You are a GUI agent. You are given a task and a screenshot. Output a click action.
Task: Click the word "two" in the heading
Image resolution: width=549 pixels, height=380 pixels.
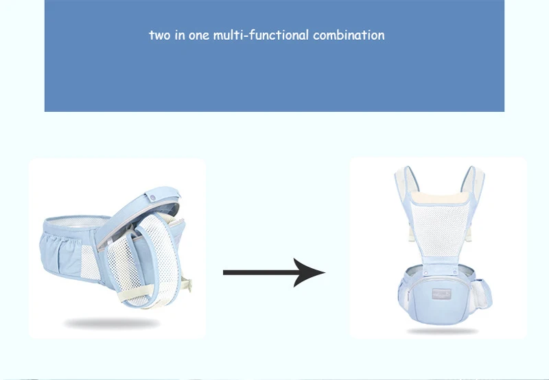point(160,36)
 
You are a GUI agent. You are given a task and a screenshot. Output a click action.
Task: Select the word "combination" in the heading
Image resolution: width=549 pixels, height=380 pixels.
point(349,35)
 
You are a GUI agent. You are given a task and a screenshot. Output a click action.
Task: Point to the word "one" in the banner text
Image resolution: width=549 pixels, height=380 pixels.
point(199,36)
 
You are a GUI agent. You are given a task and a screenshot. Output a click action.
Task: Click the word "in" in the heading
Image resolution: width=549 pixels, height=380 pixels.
point(180,35)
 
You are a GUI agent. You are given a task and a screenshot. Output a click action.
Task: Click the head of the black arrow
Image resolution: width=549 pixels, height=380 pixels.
point(308,272)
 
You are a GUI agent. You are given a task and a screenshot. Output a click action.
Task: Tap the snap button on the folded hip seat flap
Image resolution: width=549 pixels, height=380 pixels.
point(152,198)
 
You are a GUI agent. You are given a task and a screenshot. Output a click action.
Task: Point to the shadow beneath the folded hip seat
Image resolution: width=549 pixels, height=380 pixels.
point(112,323)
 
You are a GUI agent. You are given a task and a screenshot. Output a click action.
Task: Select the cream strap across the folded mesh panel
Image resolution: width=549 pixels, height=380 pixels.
point(137,292)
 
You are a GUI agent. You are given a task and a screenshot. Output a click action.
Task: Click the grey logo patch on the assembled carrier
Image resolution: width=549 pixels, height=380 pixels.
point(441,294)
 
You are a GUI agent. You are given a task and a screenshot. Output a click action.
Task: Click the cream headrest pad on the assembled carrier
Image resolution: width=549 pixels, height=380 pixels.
point(439,198)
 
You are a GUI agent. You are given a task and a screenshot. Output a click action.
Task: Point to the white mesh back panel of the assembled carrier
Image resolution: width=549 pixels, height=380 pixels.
point(440,229)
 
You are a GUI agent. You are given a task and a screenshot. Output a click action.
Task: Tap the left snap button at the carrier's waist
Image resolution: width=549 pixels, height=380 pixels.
point(425,272)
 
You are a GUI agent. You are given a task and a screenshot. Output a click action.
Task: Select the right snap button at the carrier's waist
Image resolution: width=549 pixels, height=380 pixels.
point(455,272)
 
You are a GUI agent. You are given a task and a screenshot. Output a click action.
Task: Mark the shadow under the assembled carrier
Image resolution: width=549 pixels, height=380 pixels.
point(442,331)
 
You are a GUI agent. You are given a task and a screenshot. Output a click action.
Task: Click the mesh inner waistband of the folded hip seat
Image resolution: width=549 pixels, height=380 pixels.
point(78,222)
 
